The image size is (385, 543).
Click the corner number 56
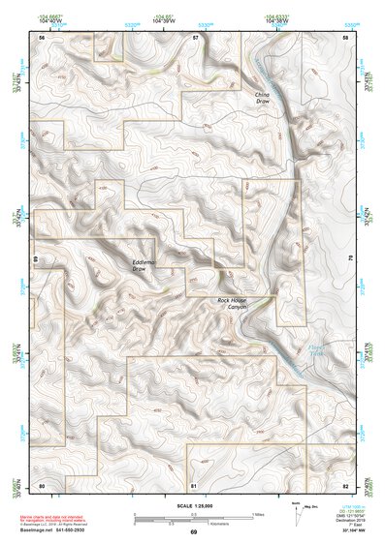point(42,37)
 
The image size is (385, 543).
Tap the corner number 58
point(346,37)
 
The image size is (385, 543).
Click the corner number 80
point(42,484)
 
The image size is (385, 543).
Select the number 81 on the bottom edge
point(194,484)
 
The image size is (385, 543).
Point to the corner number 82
point(345,484)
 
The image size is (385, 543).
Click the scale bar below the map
point(194,518)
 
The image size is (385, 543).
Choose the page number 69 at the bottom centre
point(193,532)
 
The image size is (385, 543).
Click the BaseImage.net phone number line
point(54,531)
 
